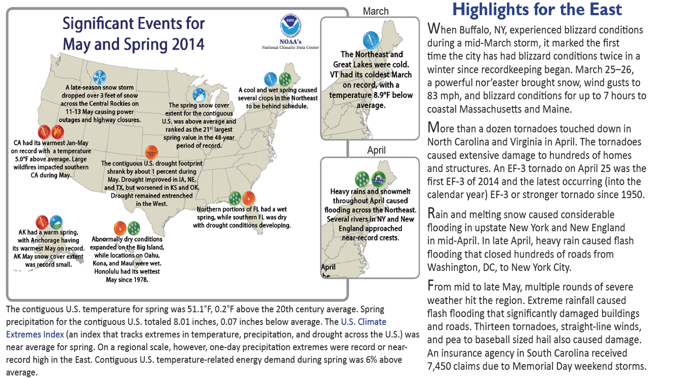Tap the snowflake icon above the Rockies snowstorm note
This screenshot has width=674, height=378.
point(99,77)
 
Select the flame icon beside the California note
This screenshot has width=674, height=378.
point(58,132)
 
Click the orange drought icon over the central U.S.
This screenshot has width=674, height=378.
point(151,152)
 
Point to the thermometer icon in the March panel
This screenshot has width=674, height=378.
point(371,40)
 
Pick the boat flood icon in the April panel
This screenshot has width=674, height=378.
point(378,179)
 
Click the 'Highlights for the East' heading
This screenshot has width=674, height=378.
point(537,9)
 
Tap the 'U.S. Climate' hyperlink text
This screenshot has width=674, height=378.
point(364,322)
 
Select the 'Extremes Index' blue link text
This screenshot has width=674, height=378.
point(35,334)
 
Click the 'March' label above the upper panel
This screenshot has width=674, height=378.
point(375,11)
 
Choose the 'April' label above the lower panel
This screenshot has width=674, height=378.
point(376,150)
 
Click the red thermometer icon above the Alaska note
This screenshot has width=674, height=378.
point(42,222)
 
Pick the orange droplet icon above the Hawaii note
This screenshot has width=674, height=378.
point(120,228)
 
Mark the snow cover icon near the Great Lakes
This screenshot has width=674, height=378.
point(199,95)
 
